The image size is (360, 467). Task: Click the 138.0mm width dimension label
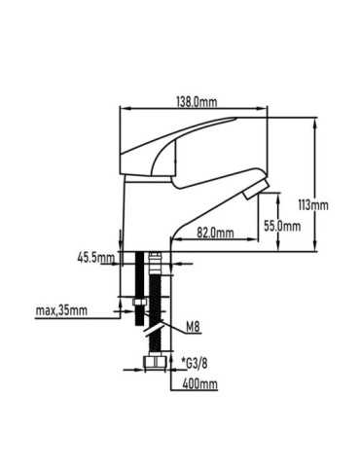[x=197, y=102]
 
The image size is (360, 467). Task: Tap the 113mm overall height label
[x=313, y=205]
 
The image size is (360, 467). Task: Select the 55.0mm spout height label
[x=282, y=226]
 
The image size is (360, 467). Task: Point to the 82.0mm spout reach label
[x=215, y=233]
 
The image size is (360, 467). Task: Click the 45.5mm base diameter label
[x=96, y=258]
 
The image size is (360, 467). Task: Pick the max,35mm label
[x=61, y=310]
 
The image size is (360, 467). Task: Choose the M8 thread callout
[x=193, y=327]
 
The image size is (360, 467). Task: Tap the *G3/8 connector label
[x=195, y=364]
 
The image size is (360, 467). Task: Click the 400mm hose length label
[x=199, y=384]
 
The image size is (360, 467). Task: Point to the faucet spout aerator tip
[x=256, y=191]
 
